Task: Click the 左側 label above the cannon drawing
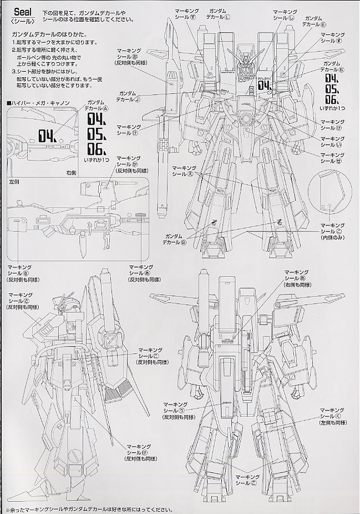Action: tap(14, 182)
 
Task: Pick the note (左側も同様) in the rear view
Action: tap(332, 424)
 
